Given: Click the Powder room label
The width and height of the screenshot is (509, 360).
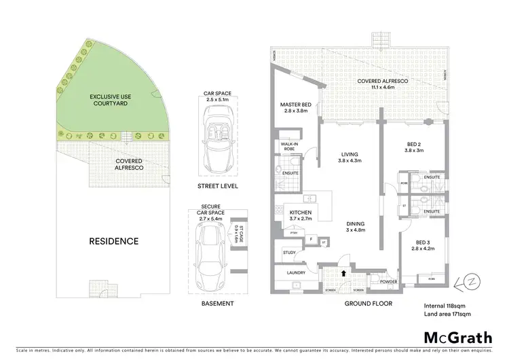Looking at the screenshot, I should (x=388, y=281).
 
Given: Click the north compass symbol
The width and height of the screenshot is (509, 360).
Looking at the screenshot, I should (x=459, y=281).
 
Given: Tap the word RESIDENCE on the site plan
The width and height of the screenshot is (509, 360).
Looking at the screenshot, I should (x=114, y=241).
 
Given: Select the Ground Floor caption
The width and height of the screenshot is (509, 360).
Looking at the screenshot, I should (x=364, y=304).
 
